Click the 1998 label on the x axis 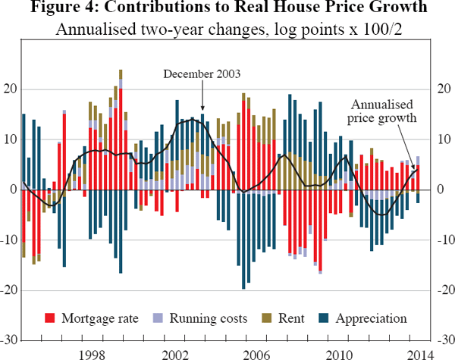(92, 354)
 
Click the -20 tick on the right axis (445, 290)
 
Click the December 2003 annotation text (202, 74)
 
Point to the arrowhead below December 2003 (202, 111)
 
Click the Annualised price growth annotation (382, 112)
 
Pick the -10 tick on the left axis (9, 240)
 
